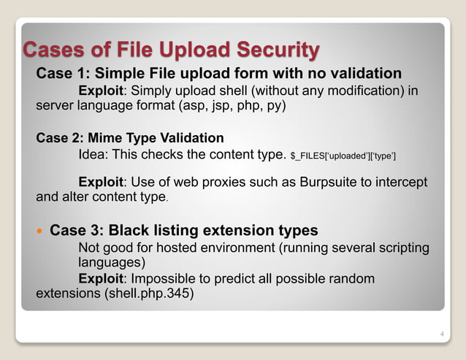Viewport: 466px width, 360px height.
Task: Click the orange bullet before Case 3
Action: coord(40,231)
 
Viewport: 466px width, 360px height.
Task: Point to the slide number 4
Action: coord(441,334)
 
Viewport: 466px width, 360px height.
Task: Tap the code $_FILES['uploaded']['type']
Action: coord(343,155)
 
